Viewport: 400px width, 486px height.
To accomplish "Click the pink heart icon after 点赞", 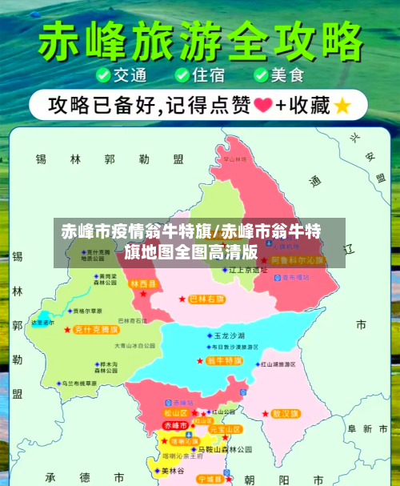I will click(x=261, y=105).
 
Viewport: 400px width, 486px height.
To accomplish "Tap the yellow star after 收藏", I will click(x=342, y=105).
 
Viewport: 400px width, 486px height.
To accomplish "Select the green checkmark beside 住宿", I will click(x=182, y=76).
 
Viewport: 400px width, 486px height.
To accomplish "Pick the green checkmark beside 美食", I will click(x=261, y=76).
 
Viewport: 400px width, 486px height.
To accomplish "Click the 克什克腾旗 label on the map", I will click(x=96, y=329).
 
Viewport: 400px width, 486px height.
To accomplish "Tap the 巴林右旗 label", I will click(x=207, y=299).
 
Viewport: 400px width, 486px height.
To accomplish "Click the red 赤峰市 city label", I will click(x=174, y=424).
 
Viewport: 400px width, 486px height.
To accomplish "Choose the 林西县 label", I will click(x=144, y=283).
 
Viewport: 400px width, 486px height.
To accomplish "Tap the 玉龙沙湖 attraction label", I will click(x=230, y=335).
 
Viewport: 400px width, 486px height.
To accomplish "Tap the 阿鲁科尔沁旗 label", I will click(x=298, y=261).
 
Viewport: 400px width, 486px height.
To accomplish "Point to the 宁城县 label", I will click(x=212, y=479).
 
